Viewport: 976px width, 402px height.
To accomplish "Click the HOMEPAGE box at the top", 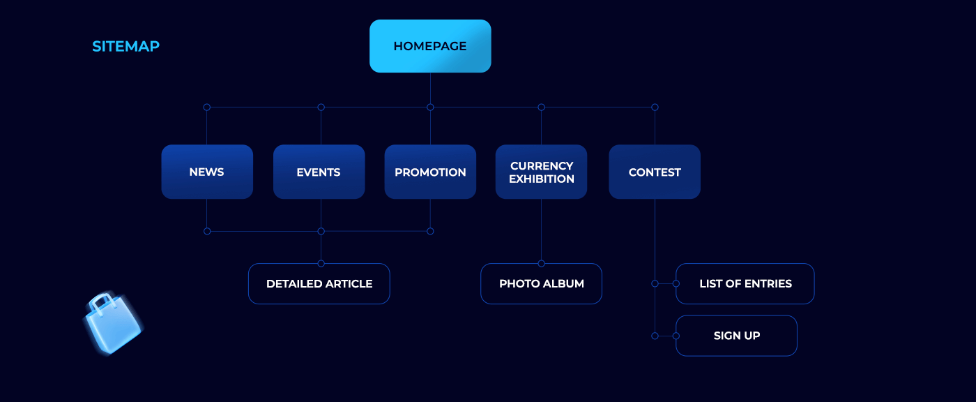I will [x=430, y=46].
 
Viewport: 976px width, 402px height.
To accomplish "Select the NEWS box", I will [x=207, y=172].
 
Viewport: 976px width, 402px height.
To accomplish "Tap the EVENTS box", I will [x=319, y=172].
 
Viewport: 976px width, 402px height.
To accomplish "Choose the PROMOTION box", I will [x=430, y=172].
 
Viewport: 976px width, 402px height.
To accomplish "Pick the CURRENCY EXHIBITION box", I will [x=541, y=172].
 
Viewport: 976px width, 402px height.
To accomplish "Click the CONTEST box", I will [x=655, y=172].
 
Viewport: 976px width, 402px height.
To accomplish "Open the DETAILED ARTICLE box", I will [x=319, y=284].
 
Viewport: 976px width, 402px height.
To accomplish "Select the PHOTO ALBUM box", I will [x=541, y=284].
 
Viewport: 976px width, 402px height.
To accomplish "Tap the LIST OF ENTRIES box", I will [x=745, y=284].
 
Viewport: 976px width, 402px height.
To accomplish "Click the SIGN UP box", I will [x=736, y=336].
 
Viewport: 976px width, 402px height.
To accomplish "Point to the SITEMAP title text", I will [x=125, y=47].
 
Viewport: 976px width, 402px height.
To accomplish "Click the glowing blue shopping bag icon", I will [x=114, y=327].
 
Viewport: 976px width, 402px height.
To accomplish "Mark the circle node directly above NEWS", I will [x=206, y=107].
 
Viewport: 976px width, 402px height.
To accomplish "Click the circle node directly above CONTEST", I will [x=655, y=107].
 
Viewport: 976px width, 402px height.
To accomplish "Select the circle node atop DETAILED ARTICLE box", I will [x=321, y=263].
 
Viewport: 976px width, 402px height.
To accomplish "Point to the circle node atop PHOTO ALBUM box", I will [x=541, y=263].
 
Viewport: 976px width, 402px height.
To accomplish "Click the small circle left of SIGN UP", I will [x=655, y=336].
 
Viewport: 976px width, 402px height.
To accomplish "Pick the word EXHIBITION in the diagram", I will [x=542, y=179].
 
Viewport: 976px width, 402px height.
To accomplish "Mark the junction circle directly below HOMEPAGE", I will [x=430, y=107].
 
